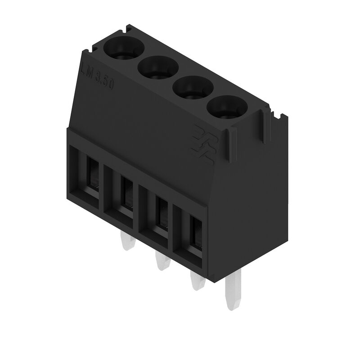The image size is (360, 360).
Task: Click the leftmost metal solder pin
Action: [128, 243]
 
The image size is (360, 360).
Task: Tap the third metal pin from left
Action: [196, 281]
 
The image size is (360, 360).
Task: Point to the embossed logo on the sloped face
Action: [204, 144]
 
